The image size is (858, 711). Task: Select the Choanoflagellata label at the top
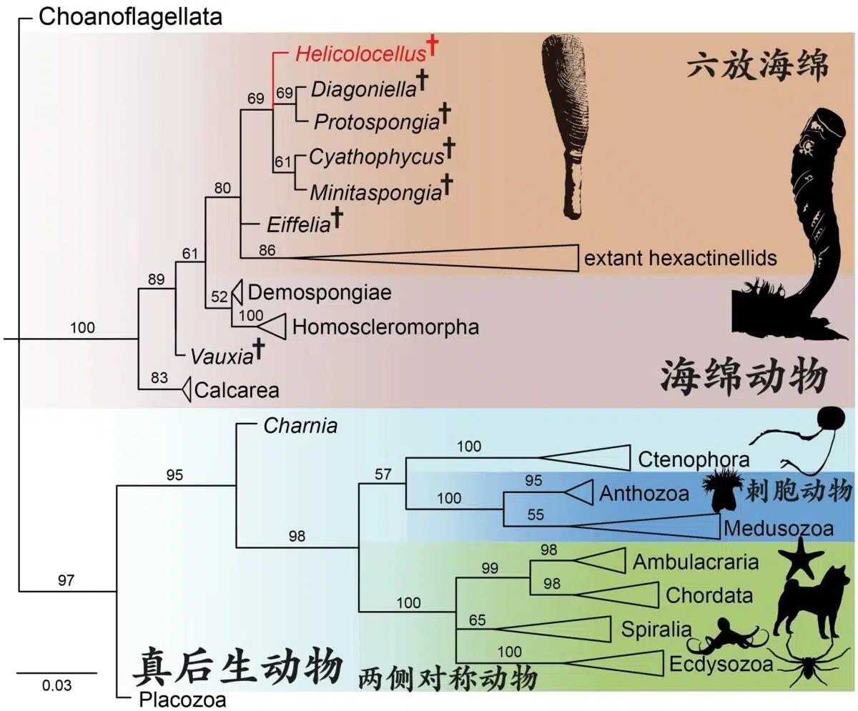click(130, 16)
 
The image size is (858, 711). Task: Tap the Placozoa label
click(182, 698)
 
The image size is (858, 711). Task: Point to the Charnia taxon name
click(300, 426)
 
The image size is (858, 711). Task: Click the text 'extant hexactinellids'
click(680, 257)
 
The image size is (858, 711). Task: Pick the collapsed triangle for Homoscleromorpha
click(271, 326)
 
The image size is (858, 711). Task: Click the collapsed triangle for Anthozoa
click(580, 492)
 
